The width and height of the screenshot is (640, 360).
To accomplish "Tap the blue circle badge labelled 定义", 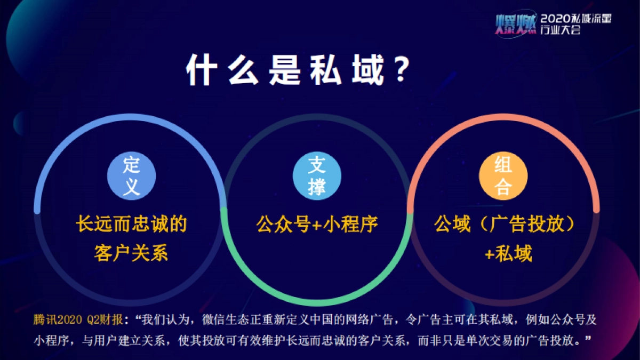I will pyautogui.click(x=131, y=175).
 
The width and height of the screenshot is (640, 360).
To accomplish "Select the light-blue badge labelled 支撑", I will pyautogui.click(x=316, y=175).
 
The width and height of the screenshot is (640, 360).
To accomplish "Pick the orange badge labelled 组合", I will pyautogui.click(x=503, y=175).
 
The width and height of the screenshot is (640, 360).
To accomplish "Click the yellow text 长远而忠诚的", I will pyautogui.click(x=131, y=225).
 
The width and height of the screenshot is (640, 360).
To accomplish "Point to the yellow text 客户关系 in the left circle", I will pyautogui.click(x=131, y=252).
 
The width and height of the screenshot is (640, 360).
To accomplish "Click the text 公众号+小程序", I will pyautogui.click(x=317, y=225).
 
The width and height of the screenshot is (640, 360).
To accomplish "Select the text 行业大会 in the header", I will pyautogui.click(x=560, y=30).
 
